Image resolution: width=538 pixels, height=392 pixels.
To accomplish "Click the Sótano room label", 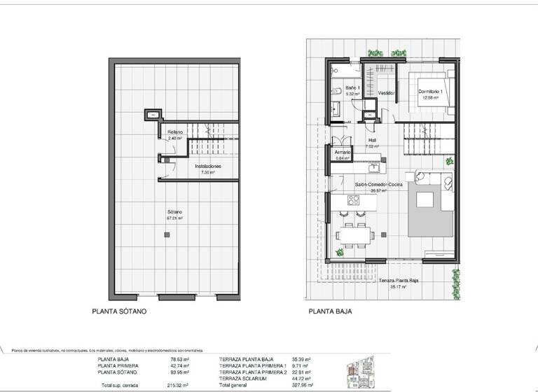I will click(174, 211).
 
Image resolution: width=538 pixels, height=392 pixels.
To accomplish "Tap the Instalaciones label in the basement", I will click(208, 167).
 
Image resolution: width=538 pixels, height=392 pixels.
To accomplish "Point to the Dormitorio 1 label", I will click(431, 92).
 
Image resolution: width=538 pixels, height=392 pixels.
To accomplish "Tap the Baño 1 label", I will click(353, 87).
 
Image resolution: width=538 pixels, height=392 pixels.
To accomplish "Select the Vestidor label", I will click(387, 93).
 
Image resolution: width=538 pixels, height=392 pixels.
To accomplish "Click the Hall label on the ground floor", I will click(373, 139).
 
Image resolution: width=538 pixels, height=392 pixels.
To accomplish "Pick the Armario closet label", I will click(343, 152).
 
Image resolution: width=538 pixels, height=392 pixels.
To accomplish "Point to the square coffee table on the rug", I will click(427, 199).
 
